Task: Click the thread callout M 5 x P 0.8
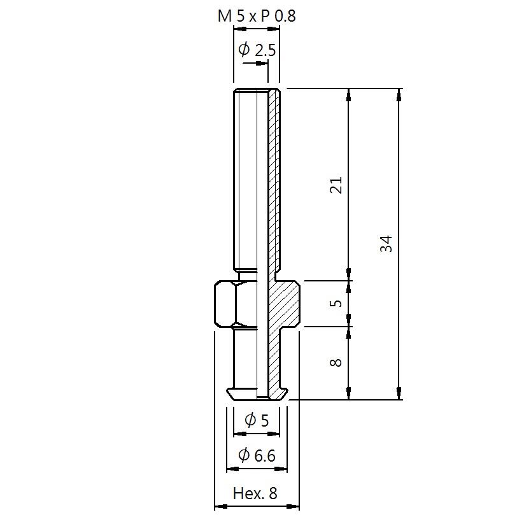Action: click(257, 16)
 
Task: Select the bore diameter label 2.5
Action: click(266, 50)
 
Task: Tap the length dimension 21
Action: click(336, 185)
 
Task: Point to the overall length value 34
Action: click(386, 244)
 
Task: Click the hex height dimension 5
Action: click(336, 303)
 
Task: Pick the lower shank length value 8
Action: click(336, 363)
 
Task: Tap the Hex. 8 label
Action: click(255, 493)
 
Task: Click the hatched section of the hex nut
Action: click(284, 303)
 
